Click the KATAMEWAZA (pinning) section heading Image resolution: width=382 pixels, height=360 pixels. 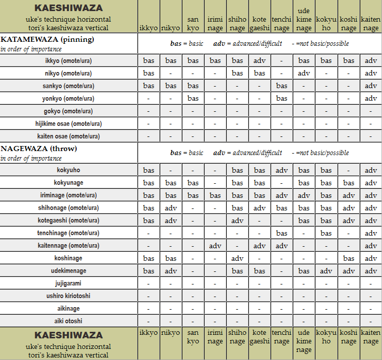coord(47,39)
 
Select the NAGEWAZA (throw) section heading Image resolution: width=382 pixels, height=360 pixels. coord(39,149)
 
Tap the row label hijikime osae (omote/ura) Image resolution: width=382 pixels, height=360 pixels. coord(69,124)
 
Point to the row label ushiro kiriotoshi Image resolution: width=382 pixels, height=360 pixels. coord(69,296)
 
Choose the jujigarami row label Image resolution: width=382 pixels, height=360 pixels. coord(69,283)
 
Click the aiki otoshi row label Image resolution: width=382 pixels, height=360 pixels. coord(69,321)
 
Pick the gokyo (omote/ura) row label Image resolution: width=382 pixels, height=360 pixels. coord(69,111)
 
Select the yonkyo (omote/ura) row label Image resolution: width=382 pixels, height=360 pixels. coord(69,99)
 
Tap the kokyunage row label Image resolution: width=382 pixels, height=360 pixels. coord(69,183)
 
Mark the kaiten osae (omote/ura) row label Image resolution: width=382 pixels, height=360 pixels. coord(69,136)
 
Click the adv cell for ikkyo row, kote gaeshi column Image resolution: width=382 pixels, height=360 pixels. coord(260,61)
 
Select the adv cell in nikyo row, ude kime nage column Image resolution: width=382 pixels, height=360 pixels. coord(304,74)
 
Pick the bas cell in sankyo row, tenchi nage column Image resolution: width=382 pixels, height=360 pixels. coord(282,86)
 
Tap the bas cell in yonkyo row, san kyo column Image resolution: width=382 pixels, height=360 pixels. coord(193,99)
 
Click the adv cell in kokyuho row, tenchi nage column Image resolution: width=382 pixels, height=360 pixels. coord(282,170)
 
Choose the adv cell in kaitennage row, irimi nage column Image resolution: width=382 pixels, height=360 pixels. coord(215,246)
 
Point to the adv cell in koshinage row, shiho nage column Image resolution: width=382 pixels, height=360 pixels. coord(237,258)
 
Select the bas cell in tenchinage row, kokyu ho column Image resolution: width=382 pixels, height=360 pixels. coord(326,233)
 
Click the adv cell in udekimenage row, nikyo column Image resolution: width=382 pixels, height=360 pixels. coord(171,271)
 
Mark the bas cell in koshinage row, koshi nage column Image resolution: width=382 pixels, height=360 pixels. coord(348,258)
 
